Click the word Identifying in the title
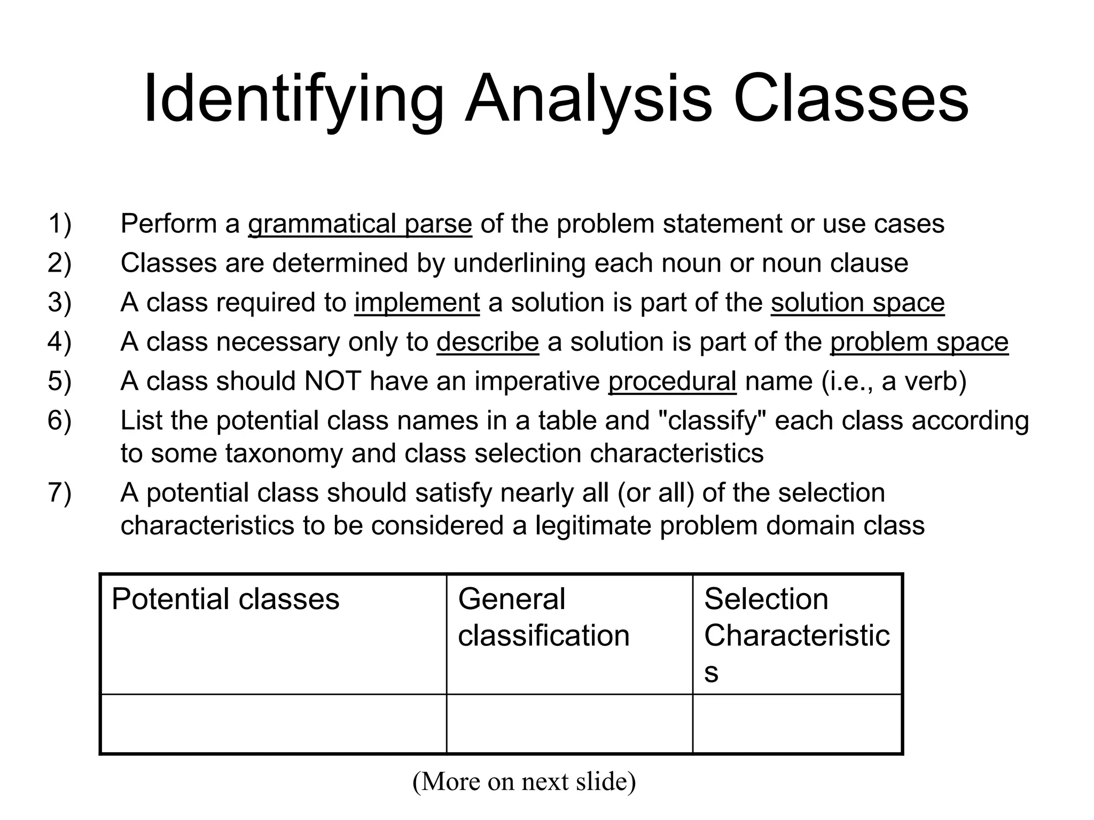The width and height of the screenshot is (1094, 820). coord(293,100)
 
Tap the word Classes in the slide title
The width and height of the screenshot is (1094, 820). coord(850,100)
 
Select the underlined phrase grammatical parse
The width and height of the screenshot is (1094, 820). coord(360,224)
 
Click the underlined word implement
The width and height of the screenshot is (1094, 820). coord(417,303)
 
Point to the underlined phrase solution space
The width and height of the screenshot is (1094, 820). coord(857,303)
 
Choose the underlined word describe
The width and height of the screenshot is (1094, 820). coord(487,342)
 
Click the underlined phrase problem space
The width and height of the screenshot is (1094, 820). coord(919,342)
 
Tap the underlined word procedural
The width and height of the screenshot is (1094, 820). coord(672,382)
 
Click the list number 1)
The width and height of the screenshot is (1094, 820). coord(59,224)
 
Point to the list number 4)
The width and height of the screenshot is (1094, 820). coord(59,342)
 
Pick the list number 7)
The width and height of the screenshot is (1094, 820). coord(59,493)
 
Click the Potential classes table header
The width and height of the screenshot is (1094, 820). coord(225,599)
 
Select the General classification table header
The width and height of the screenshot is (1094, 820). coord(543,617)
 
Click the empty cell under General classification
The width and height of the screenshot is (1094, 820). coord(569,724)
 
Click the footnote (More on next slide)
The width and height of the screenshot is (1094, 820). coord(524,782)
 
